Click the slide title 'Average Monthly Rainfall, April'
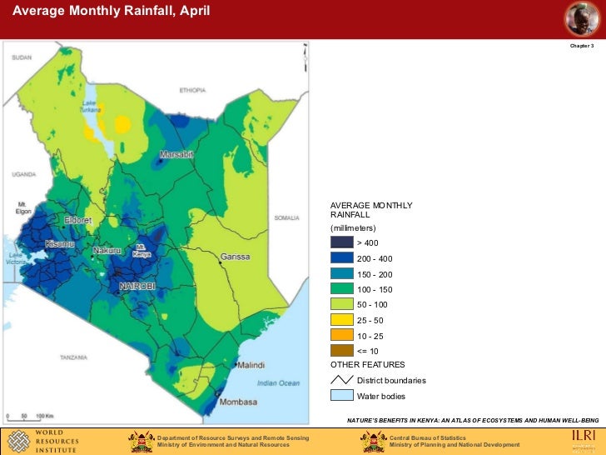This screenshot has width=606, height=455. (110, 12)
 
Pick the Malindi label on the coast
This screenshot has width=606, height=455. (251, 366)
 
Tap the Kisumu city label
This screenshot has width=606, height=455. (60, 244)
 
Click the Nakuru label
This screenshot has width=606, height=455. (107, 250)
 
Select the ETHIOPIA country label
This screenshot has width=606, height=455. (191, 90)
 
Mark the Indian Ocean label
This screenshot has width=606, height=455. (278, 383)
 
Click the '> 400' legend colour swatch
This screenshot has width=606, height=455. (341, 242)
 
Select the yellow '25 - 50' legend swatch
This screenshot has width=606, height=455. (341, 320)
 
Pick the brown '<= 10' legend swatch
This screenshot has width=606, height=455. (341, 351)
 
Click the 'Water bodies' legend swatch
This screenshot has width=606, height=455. (341, 396)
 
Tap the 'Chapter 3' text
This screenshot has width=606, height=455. (581, 46)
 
